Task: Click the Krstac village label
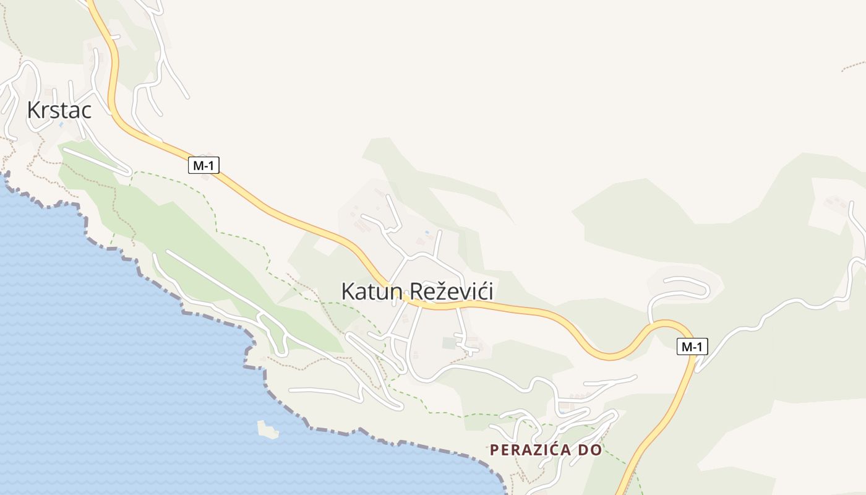[59, 110]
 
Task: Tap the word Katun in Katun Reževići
[370, 291]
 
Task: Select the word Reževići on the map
[452, 291]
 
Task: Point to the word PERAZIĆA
[529, 450]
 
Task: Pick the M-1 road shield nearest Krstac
[204, 165]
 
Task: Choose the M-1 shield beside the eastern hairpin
[692, 346]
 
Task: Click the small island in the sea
[268, 429]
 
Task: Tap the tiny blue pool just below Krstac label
[61, 124]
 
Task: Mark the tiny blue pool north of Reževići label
[426, 233]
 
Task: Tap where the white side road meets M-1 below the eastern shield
[697, 370]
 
